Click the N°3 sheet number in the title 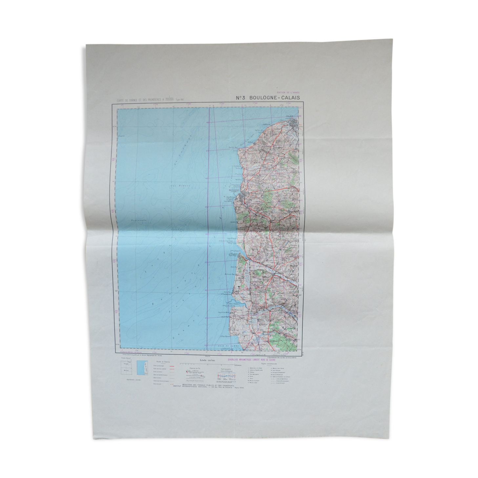click(241, 97)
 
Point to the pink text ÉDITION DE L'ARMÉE click(288, 93)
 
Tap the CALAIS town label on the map click(289, 116)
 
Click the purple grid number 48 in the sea click(207, 123)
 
